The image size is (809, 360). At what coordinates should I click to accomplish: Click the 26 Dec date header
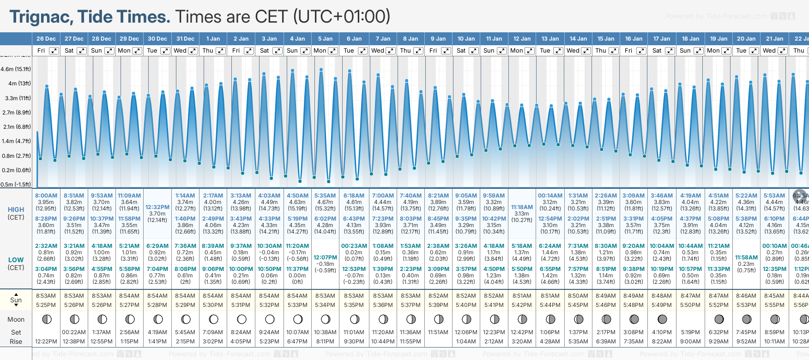46,39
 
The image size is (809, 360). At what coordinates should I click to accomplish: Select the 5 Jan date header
325,39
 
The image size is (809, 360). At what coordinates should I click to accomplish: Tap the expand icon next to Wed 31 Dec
193,51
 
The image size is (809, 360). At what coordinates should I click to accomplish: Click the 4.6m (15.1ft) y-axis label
16,69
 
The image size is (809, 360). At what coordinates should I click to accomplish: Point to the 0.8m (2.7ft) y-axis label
16,156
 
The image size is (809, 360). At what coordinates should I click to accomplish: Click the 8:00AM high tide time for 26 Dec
46,196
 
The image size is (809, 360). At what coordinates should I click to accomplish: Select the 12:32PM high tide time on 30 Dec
157,207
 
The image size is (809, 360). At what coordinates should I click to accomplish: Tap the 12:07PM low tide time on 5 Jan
325,258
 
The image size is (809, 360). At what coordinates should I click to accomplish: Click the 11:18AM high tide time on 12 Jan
522,207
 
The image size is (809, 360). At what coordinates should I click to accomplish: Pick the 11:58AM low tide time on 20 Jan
746,258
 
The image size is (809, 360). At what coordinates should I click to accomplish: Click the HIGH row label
16,210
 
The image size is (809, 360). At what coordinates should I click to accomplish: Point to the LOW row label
16,260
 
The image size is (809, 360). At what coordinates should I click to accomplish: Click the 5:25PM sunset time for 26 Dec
46,305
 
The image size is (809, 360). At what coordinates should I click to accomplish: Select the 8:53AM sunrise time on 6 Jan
354,296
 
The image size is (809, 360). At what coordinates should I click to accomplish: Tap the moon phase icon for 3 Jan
270,319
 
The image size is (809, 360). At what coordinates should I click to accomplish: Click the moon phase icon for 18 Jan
690,319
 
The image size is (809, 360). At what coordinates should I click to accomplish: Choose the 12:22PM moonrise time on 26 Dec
46,342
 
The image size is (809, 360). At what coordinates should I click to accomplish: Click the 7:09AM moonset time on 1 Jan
213,332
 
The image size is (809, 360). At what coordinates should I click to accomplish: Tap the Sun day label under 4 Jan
292,51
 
